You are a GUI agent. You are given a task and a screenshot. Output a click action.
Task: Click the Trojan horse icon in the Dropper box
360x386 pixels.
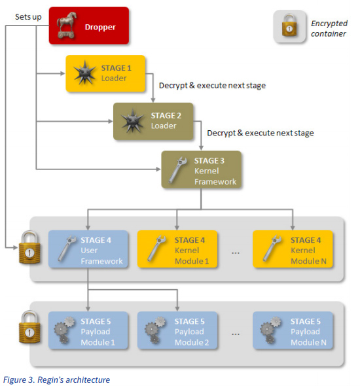pos(66,26)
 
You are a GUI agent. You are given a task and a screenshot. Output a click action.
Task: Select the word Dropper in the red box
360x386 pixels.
pos(100,27)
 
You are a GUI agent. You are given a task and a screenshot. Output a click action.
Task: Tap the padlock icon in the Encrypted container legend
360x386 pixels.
pos(289,26)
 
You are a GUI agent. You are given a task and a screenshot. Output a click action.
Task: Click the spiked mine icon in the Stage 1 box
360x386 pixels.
pos(84,73)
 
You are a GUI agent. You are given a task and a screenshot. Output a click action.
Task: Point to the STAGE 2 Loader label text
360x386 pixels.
pos(166,120)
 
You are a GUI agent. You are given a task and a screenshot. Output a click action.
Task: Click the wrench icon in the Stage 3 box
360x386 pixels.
pos(178,170)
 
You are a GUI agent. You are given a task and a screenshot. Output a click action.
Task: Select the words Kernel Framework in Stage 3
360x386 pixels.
pos(215,176)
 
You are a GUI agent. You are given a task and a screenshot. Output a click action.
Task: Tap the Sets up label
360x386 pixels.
pos(28,17)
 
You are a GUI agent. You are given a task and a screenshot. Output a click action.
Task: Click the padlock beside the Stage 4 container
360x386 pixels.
pos(29,247)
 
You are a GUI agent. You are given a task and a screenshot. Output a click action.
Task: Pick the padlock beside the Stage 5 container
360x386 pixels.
pos(29,327)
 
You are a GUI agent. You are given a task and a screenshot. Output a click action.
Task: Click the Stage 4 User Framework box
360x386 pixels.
pos(88,249)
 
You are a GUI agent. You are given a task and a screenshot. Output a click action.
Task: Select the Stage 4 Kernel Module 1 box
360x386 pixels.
pos(177,249)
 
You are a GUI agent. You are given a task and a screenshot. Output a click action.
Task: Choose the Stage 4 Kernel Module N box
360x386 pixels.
pos(293,249)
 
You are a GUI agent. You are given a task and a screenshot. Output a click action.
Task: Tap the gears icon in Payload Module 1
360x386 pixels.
pos(64,330)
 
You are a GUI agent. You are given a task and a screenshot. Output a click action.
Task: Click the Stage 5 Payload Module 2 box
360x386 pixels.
pos(177,330)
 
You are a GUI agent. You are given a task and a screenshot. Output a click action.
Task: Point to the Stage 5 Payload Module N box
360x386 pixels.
pos(293,330)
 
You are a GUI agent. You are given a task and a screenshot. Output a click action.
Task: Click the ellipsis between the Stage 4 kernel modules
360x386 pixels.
pos(236,253)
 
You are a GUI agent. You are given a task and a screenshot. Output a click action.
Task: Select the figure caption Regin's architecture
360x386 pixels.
pos(56,379)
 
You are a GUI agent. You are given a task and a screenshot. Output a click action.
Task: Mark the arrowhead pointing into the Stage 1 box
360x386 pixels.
pos(63,73)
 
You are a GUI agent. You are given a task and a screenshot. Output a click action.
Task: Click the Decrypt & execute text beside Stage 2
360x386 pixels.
pos(261,133)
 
